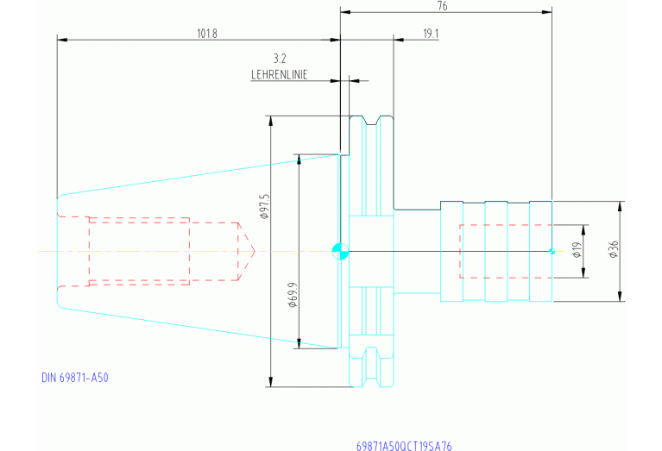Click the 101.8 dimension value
pyautogui.click(x=207, y=34)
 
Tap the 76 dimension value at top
pyautogui.click(x=443, y=6)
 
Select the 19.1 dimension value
pyautogui.click(x=432, y=34)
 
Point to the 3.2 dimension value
pyautogui.click(x=279, y=59)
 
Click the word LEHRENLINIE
pyautogui.click(x=279, y=75)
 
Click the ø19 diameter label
pyautogui.click(x=577, y=251)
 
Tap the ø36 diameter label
pyautogui.click(x=613, y=250)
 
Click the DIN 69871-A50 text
pyautogui.click(x=75, y=378)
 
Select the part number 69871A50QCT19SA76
pyautogui.click(x=404, y=446)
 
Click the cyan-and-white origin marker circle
pyautogui.click(x=340, y=251)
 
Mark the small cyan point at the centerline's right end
pyautogui.click(x=552, y=251)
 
